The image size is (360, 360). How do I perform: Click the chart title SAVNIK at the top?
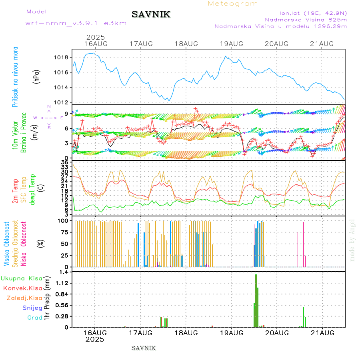click(x=151, y=15)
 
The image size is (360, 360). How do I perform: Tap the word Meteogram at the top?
click(x=233, y=4)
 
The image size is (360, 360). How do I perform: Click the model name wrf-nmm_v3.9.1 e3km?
click(x=76, y=23)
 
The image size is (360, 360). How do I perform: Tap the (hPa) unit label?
click(x=37, y=77)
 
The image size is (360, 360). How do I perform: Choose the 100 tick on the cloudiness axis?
click(x=63, y=220)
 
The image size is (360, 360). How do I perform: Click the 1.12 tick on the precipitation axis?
click(x=62, y=283)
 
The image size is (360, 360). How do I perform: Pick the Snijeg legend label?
click(x=32, y=308)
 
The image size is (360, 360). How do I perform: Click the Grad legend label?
click(x=34, y=318)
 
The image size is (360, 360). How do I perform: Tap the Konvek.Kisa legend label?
click(x=23, y=288)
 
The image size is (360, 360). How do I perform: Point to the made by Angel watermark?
click(x=352, y=240)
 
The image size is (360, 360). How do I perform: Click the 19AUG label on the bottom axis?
click(x=231, y=332)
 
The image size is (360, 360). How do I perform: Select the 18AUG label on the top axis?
click(x=186, y=44)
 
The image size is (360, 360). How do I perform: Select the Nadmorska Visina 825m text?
click(x=306, y=19)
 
